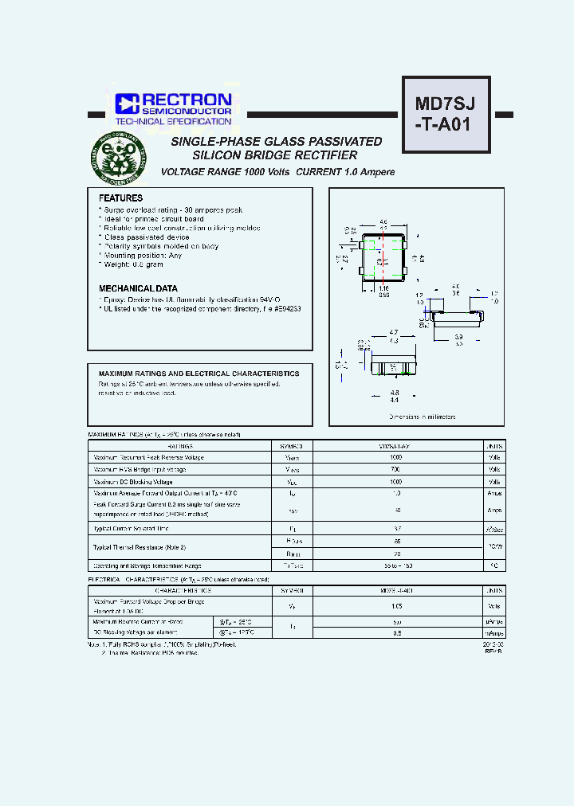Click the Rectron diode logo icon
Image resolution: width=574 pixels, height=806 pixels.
pyautogui.click(x=127, y=104)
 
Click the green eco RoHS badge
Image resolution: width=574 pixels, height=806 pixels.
pyautogui.click(x=118, y=157)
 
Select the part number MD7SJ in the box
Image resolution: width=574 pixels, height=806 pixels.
pyautogui.click(x=446, y=104)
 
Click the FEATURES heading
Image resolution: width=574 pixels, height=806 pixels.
pyautogui.click(x=120, y=198)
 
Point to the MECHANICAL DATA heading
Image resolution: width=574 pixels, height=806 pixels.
pyautogui.click(x=138, y=288)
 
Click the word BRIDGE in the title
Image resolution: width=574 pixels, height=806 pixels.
pyautogui.click(x=270, y=155)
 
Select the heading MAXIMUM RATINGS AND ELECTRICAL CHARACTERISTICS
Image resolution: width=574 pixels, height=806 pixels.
pyautogui.click(x=199, y=374)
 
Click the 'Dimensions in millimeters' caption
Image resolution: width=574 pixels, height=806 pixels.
pyautogui.click(x=422, y=417)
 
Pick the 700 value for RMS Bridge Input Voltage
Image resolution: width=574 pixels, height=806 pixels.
pyautogui.click(x=395, y=470)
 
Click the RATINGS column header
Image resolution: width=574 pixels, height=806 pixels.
pyautogui.click(x=179, y=446)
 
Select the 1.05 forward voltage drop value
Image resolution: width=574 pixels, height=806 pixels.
pyautogui.click(x=395, y=605)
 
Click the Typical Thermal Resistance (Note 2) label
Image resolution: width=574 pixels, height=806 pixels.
pyautogui.click(x=140, y=547)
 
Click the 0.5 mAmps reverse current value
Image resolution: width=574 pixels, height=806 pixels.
pyautogui.click(x=395, y=633)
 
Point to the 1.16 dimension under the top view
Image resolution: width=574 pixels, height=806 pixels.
pyautogui.click(x=383, y=288)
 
